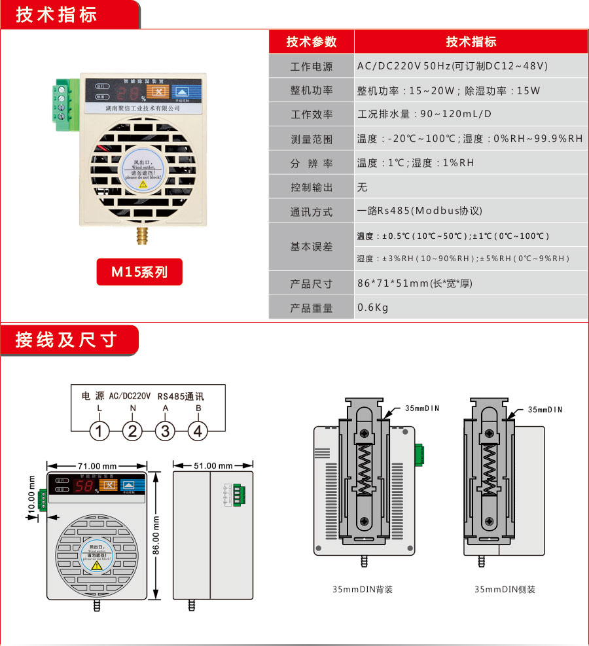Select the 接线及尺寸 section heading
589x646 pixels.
pyautogui.click(x=66, y=340)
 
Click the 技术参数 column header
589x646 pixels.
pyautogui.click(x=312, y=42)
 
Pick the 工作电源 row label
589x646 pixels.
pyautogui.click(x=312, y=67)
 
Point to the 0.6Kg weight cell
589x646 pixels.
pyautogui.click(x=373, y=308)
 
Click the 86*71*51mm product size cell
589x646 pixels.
pyautogui.click(x=414, y=283)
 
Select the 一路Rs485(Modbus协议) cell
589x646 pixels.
pyautogui.click(x=419, y=211)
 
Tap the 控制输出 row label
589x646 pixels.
pyautogui.click(x=312, y=187)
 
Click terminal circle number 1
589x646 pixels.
pyautogui.click(x=99, y=431)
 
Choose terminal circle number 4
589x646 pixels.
pyautogui.click(x=198, y=431)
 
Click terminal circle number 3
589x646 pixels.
pyautogui.click(x=165, y=431)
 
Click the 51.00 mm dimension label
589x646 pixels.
pyautogui.click(x=213, y=465)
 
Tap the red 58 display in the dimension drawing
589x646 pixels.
pyautogui.click(x=86, y=486)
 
